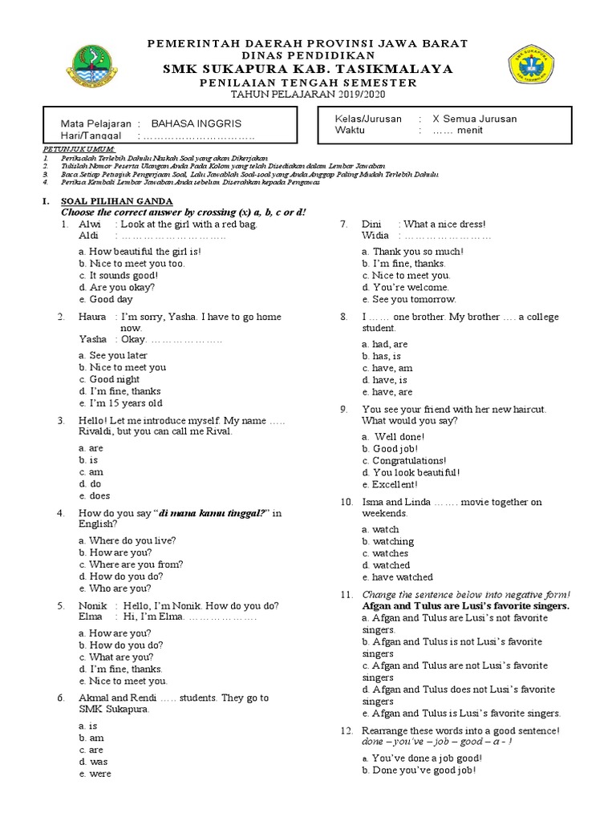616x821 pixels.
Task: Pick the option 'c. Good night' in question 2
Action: pos(109,379)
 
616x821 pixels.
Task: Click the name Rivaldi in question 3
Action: pos(99,431)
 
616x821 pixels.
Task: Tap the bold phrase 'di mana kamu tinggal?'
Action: pos(213,513)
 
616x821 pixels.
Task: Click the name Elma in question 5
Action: pos(91,617)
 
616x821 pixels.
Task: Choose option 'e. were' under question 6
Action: pos(95,774)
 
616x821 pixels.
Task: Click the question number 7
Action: pos(344,224)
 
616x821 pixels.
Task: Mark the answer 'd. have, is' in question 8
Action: pos(384,380)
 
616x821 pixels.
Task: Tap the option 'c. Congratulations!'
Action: pos(404,461)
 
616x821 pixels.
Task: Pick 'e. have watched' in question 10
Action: pos(397,576)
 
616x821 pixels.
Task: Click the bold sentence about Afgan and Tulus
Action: pos(466,606)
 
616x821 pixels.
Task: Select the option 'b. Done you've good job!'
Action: pos(418,770)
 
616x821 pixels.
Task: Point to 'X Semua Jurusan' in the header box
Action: pos(475,119)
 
